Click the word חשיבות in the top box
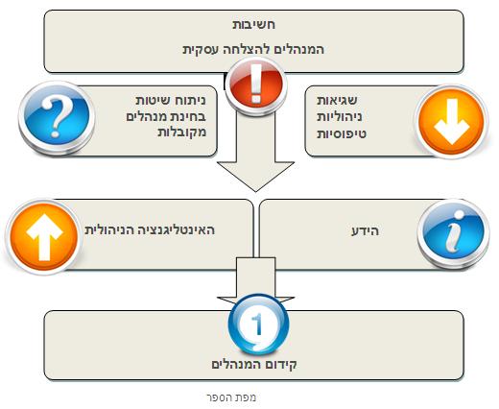pyautogui.click(x=253, y=25)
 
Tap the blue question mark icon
pyautogui.click(x=57, y=118)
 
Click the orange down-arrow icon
pyautogui.click(x=451, y=122)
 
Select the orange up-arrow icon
pyautogui.click(x=44, y=237)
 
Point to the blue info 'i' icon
pyautogui.click(x=454, y=234)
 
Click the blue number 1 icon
pyautogui.click(x=258, y=325)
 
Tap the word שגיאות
pyautogui.click(x=337, y=100)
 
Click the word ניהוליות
pyautogui.click(x=340, y=117)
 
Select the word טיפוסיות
pyautogui.click(x=342, y=133)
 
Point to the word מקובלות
pyautogui.click(x=181, y=132)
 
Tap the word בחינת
pyautogui.click(x=188, y=116)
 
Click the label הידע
pyautogui.click(x=366, y=230)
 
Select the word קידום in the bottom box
pyautogui.click(x=281, y=364)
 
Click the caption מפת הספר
pyautogui.click(x=231, y=397)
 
